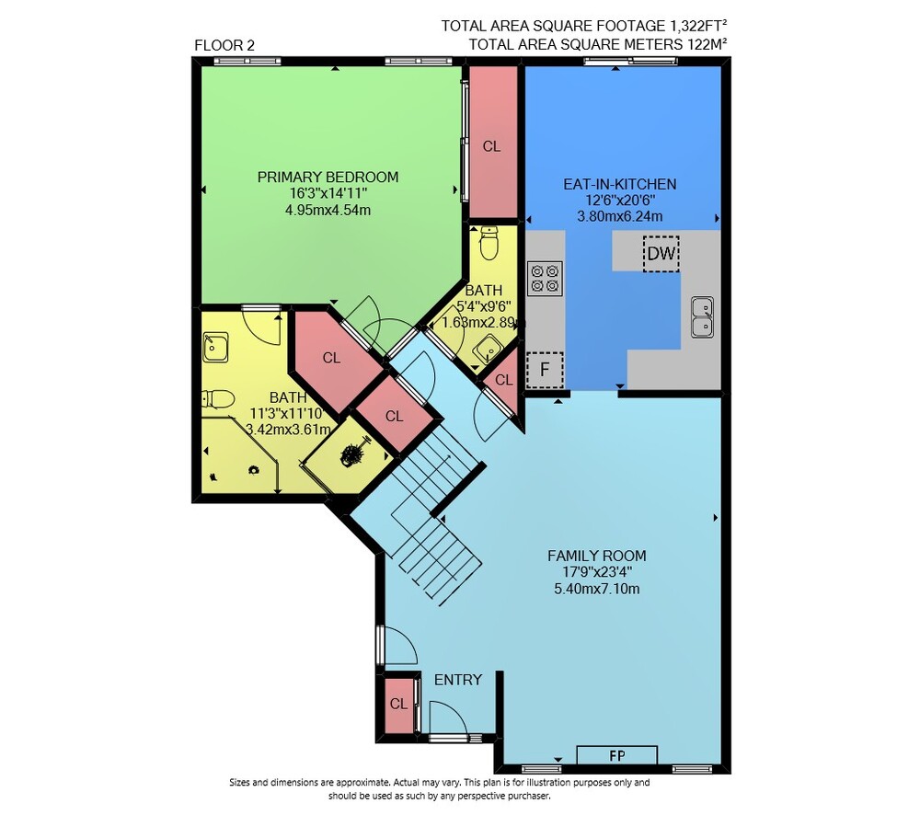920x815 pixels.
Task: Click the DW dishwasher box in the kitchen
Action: pyautogui.click(x=661, y=254)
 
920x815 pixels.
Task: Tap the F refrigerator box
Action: pyautogui.click(x=545, y=370)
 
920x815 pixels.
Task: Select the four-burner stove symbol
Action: pyautogui.click(x=545, y=278)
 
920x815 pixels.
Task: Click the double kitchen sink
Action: pyautogui.click(x=702, y=316)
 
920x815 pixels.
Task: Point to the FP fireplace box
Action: pyautogui.click(x=616, y=755)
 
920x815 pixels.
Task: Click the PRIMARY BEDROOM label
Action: pyautogui.click(x=328, y=177)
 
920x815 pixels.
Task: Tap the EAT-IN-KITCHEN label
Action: pyautogui.click(x=619, y=184)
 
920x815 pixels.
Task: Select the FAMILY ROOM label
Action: pyautogui.click(x=597, y=555)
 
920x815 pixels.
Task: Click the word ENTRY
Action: pyautogui.click(x=457, y=680)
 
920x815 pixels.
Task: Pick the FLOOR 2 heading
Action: pyautogui.click(x=224, y=45)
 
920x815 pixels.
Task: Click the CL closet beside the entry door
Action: pyautogui.click(x=399, y=704)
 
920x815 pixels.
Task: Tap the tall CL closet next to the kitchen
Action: pyautogui.click(x=491, y=141)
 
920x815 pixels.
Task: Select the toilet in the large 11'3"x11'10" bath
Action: pyautogui.click(x=218, y=399)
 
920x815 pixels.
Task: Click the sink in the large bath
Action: pyautogui.click(x=215, y=348)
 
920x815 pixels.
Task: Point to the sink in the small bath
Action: pyautogui.click(x=487, y=350)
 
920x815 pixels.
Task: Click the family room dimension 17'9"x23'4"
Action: pyautogui.click(x=597, y=571)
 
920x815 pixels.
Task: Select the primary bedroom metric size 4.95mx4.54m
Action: pyautogui.click(x=328, y=210)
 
